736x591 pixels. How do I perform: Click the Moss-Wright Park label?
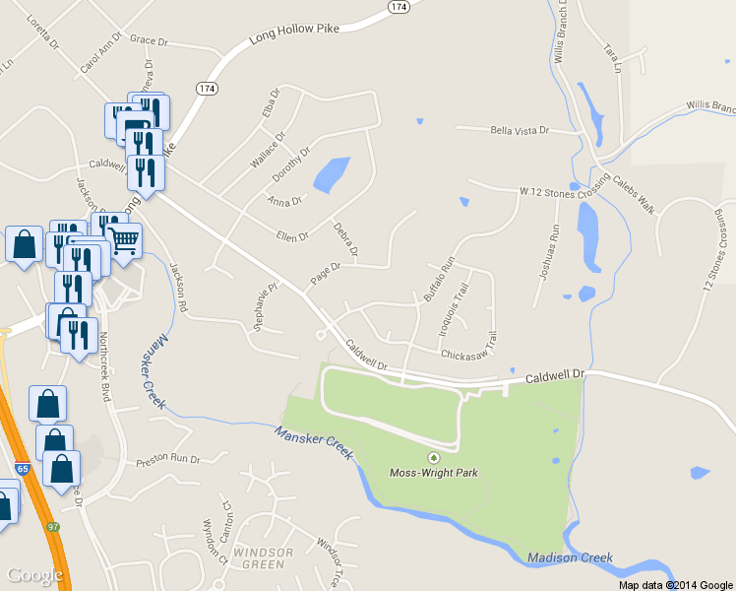(434, 473)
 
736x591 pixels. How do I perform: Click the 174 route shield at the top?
(398, 6)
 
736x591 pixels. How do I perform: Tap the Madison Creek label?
(570, 558)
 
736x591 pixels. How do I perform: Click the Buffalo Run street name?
(437, 279)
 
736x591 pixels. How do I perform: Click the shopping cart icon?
(124, 239)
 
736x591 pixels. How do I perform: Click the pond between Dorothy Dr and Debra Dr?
(331, 174)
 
